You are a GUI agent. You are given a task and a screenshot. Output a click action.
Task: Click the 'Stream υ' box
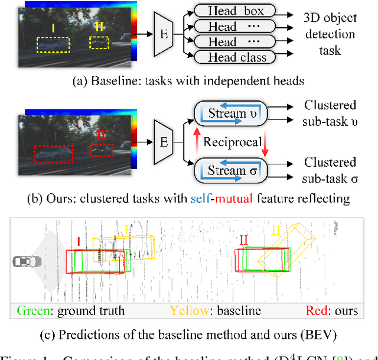[x=231, y=114]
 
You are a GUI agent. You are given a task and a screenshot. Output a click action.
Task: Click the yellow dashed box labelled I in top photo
[x=52, y=47]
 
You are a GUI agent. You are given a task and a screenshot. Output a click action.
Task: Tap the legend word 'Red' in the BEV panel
[x=317, y=310]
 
